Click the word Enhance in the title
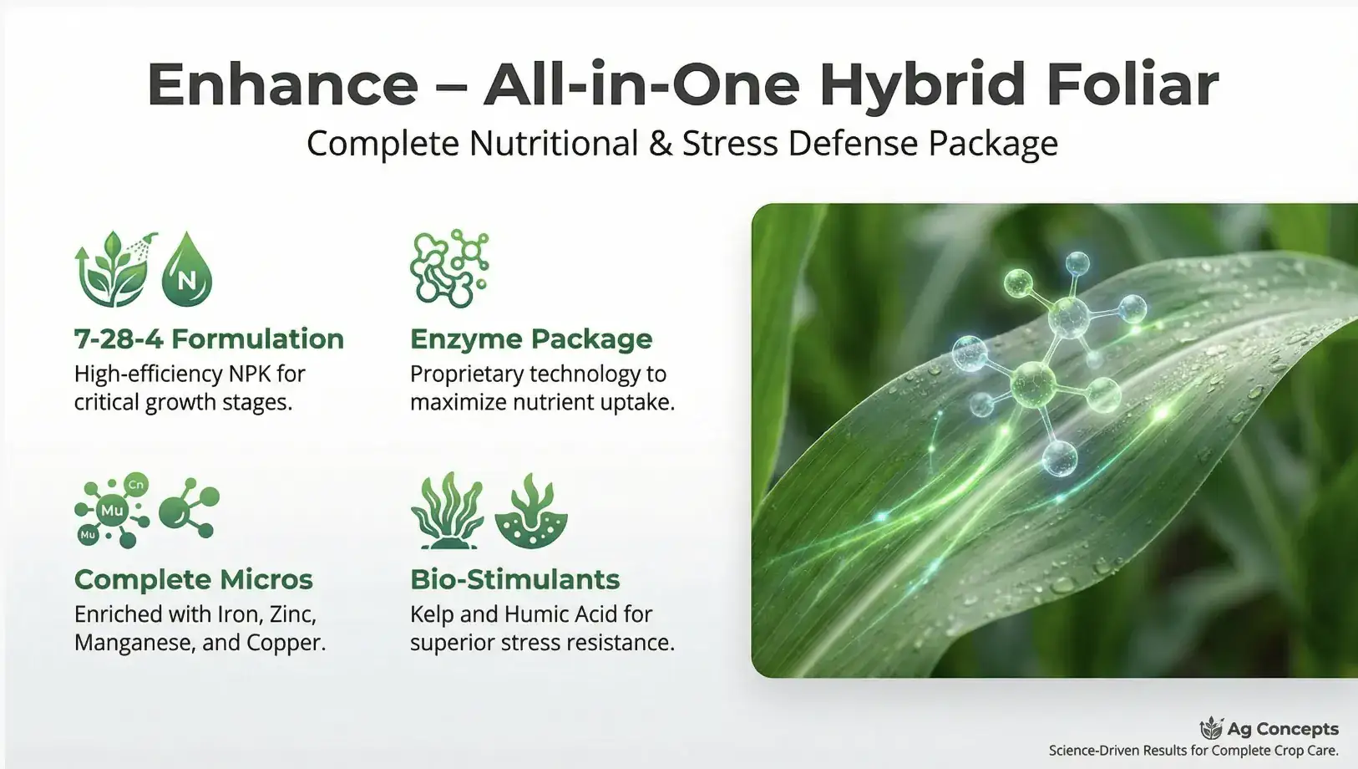coord(282,84)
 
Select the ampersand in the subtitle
coord(660,144)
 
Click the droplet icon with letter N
coord(187,271)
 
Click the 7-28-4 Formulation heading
coord(209,339)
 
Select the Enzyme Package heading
coord(531,339)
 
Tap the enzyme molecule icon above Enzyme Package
coord(449,268)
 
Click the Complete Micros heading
coord(193,579)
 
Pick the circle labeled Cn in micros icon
coord(135,485)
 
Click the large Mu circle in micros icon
coord(112,511)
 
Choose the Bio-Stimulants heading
coord(514,579)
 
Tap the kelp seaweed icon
coord(447,512)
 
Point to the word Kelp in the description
coord(432,614)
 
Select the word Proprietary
coord(472,374)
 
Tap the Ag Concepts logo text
coord(1282,729)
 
